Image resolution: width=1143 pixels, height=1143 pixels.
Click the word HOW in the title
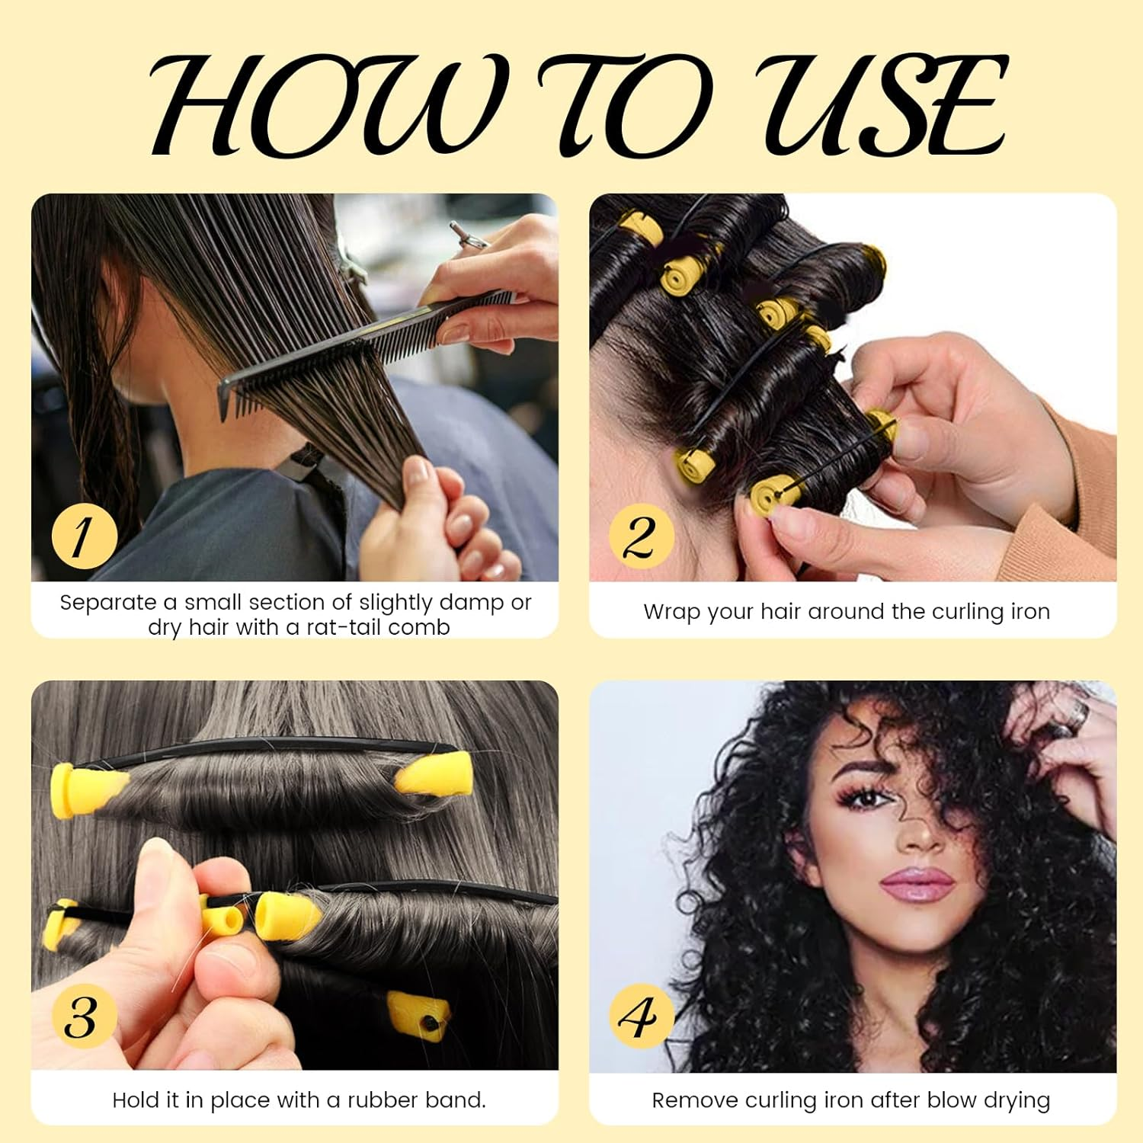[320, 107]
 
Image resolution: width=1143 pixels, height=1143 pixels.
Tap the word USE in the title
[884, 107]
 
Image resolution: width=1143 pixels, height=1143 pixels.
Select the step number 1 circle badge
[84, 536]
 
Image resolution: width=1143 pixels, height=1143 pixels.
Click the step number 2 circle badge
[641, 536]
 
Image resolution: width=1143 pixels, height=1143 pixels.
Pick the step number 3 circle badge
[84, 1017]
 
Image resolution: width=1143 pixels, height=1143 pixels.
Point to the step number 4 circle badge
[641, 1017]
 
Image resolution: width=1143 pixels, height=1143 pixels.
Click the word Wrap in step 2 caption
[671, 612]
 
